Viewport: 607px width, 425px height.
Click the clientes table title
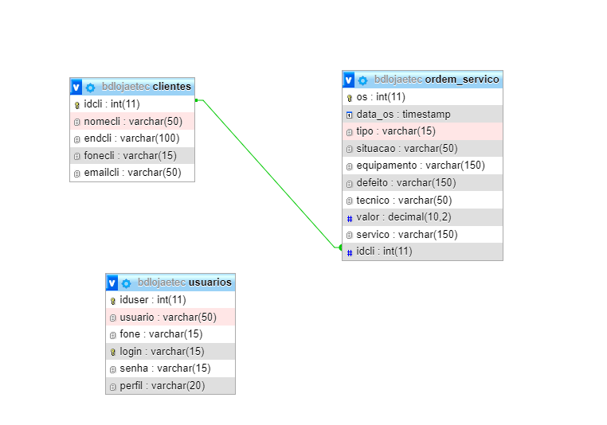point(171,87)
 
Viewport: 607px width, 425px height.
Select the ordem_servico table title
point(462,80)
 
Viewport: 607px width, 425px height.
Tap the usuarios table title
point(210,283)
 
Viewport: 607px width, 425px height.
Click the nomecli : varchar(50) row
point(133,121)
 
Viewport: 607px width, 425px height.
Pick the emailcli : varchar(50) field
point(133,173)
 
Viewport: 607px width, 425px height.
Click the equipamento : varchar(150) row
point(420,166)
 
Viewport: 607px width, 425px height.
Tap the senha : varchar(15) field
point(165,368)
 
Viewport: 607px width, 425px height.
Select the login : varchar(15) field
point(162,351)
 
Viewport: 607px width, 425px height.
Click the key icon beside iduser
point(113,300)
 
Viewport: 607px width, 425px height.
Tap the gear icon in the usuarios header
point(126,283)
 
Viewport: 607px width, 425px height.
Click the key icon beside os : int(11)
point(350,97)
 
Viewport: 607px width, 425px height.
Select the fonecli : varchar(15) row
point(130,155)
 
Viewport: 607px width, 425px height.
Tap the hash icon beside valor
point(350,217)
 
